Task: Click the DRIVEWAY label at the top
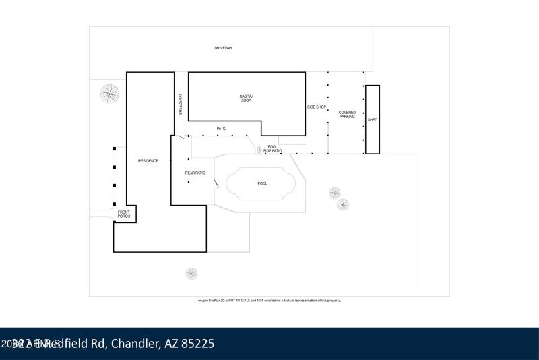[x=223, y=49]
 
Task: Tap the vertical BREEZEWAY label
[x=181, y=104]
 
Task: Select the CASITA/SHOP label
[x=246, y=98]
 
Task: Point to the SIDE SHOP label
[x=317, y=107]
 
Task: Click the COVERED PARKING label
[x=347, y=115]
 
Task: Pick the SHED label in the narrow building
[x=373, y=120]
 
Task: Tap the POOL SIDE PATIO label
[x=272, y=149]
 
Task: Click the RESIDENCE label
[x=148, y=160]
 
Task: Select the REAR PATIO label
[x=195, y=173]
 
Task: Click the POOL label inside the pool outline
[x=263, y=183]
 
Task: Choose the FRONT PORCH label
[x=124, y=215]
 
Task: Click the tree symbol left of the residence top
[x=110, y=93]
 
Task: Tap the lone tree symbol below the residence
[x=192, y=273]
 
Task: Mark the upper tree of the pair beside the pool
[x=335, y=193]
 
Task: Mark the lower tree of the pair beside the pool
[x=343, y=204]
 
